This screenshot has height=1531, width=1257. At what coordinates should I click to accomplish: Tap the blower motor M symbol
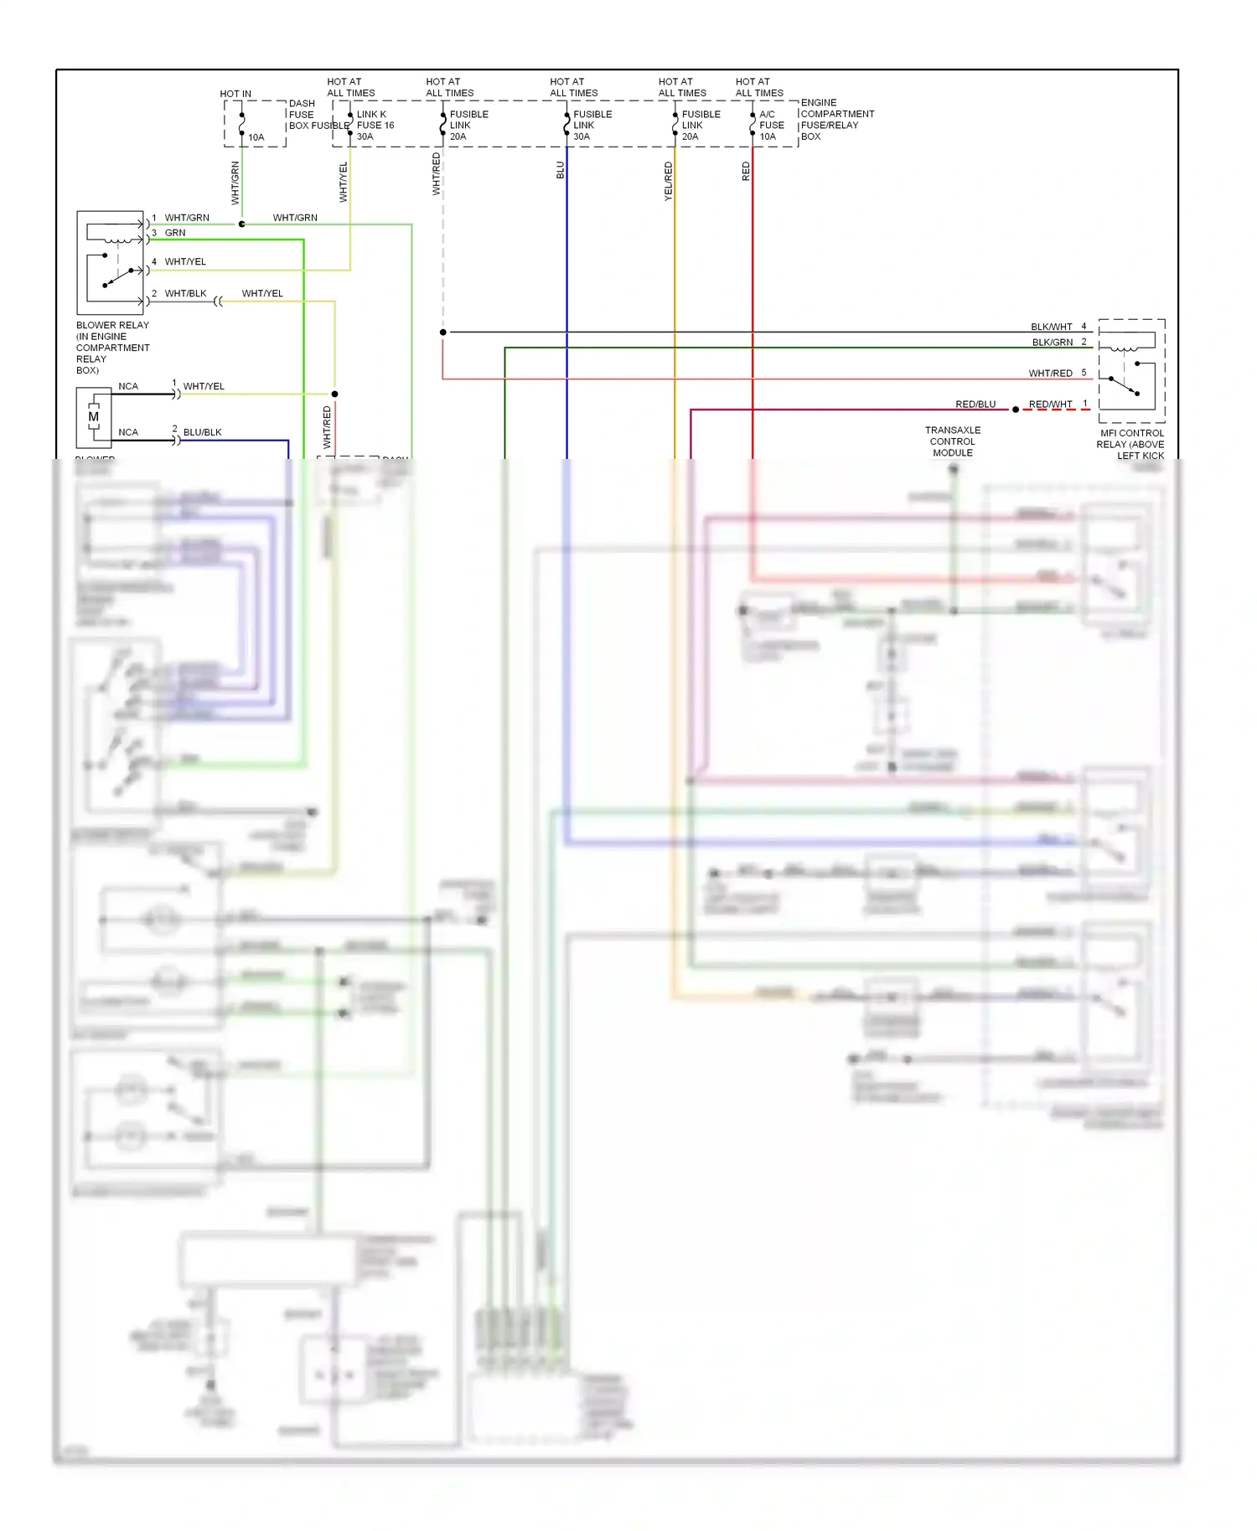tap(93, 416)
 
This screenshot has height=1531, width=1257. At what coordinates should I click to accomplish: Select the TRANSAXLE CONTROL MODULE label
tap(953, 441)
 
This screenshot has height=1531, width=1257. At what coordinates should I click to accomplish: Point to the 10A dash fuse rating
tap(256, 137)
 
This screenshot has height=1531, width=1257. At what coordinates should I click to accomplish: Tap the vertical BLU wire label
tap(561, 170)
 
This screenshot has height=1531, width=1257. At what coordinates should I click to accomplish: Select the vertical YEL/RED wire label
tap(668, 181)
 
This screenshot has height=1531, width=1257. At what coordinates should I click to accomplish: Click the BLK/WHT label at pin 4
tap(1051, 327)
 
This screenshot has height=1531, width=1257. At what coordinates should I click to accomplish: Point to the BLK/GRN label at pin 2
tap(1052, 342)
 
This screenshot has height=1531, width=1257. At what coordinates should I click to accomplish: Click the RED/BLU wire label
tap(975, 404)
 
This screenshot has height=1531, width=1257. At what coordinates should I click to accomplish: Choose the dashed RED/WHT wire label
tap(1050, 404)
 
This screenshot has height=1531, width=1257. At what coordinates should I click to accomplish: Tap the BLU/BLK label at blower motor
tap(202, 432)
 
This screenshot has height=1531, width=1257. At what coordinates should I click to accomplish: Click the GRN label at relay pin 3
tap(175, 233)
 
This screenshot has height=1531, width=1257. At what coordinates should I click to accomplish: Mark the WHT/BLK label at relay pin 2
tap(185, 293)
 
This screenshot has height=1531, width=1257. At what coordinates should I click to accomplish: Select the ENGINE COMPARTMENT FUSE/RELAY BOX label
tap(836, 120)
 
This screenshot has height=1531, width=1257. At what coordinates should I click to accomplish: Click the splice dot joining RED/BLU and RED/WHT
tap(1016, 410)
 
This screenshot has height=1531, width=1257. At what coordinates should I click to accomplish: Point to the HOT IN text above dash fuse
tap(235, 94)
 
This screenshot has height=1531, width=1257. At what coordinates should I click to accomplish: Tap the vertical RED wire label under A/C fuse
tap(746, 172)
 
